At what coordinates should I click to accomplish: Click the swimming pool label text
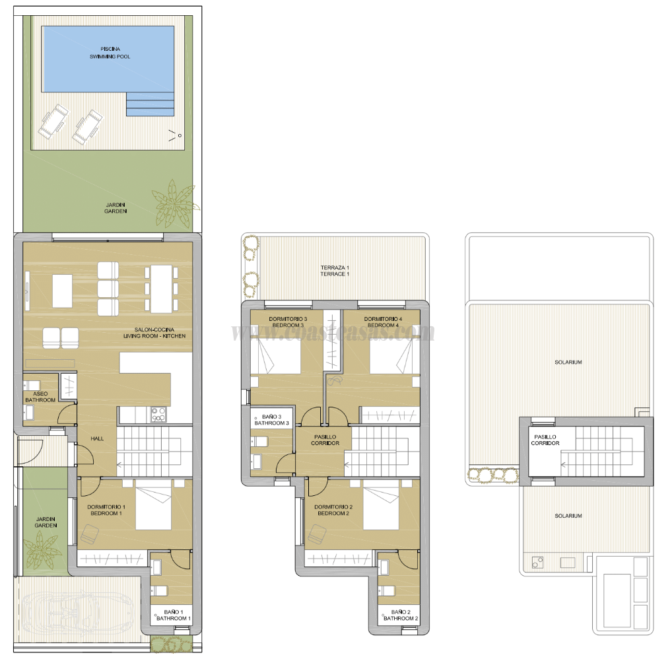tap(110, 53)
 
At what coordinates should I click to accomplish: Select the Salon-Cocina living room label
tap(154, 333)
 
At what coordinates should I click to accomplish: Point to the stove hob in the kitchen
tap(158, 415)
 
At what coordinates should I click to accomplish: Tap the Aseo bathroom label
tap(40, 396)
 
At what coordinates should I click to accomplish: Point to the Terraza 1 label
tap(335, 270)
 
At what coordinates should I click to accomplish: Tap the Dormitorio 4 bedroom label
tap(383, 322)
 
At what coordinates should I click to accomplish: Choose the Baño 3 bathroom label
tap(272, 420)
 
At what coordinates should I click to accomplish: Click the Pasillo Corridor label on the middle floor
tap(325, 440)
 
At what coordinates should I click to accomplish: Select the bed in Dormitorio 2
tap(381, 506)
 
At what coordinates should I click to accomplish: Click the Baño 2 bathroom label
tap(401, 615)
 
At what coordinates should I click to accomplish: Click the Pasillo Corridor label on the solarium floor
tap(545, 440)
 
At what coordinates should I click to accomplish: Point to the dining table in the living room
tap(162, 289)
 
